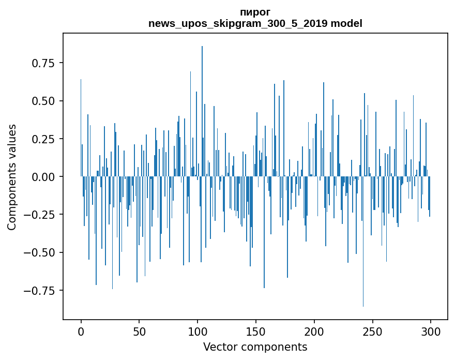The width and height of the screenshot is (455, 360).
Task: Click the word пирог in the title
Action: [x=255, y=12]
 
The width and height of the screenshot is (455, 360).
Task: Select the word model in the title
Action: [x=346, y=23]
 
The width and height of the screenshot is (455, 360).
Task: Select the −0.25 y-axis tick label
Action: [x=41, y=215]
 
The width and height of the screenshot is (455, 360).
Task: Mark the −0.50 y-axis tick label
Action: [x=41, y=252]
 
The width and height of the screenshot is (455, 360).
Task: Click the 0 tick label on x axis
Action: [x=81, y=332]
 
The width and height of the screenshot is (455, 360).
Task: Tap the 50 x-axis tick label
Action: [x=139, y=332]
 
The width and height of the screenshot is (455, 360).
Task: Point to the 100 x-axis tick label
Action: [x=198, y=332]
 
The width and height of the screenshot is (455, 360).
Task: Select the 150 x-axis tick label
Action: [x=255, y=332]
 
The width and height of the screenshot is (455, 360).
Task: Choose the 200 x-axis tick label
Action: [x=314, y=332]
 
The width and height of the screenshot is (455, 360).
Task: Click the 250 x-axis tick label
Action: [x=372, y=332]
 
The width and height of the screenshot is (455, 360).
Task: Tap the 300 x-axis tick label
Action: [x=431, y=332]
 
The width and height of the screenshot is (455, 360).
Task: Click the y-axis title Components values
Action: [x=12, y=177]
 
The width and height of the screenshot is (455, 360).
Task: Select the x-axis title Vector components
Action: [x=255, y=347]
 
